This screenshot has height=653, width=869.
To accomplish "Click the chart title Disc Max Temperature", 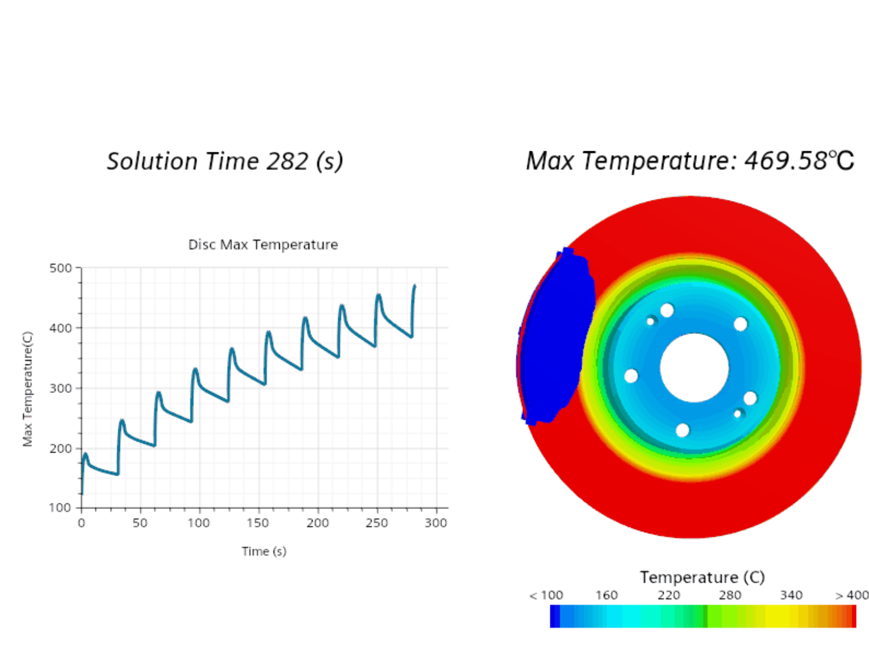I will (x=263, y=244).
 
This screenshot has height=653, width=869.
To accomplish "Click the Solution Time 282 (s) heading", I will (x=224, y=161).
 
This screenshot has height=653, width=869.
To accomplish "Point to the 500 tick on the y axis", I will (x=60, y=268).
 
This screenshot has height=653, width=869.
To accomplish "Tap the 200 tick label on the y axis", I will (x=60, y=448).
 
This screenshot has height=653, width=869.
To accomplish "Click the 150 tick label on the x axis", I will (x=258, y=523).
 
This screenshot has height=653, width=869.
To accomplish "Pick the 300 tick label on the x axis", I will (x=435, y=523).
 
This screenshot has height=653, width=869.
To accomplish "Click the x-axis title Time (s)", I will (x=264, y=551).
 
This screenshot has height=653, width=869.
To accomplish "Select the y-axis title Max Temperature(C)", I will (x=27, y=389).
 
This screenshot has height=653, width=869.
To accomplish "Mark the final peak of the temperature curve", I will (x=415, y=286).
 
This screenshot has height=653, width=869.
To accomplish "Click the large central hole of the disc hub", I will (x=694, y=367).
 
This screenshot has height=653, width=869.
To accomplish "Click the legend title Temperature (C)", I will (x=702, y=577).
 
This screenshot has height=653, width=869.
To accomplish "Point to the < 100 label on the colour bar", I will (x=546, y=596).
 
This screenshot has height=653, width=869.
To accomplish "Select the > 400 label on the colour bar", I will (x=852, y=596).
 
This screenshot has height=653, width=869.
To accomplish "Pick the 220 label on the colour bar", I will (x=669, y=596).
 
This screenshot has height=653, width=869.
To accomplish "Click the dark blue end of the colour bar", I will (x=555, y=617).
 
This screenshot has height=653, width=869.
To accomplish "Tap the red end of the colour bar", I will (x=852, y=617).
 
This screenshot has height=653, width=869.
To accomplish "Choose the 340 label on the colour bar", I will (x=791, y=596).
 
